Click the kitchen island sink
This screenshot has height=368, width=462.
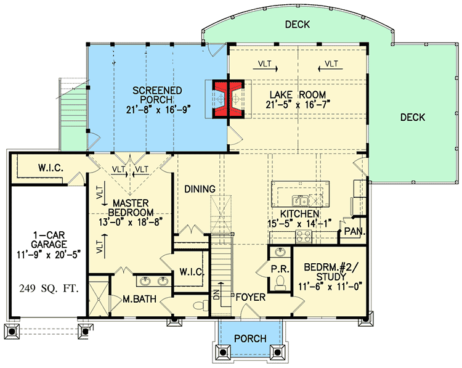point(301,200)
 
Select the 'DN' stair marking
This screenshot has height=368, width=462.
point(216,295)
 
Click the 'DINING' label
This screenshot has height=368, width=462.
point(198,189)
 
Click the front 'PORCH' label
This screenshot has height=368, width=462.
point(250,338)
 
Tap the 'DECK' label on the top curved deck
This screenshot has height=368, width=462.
point(297,25)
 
